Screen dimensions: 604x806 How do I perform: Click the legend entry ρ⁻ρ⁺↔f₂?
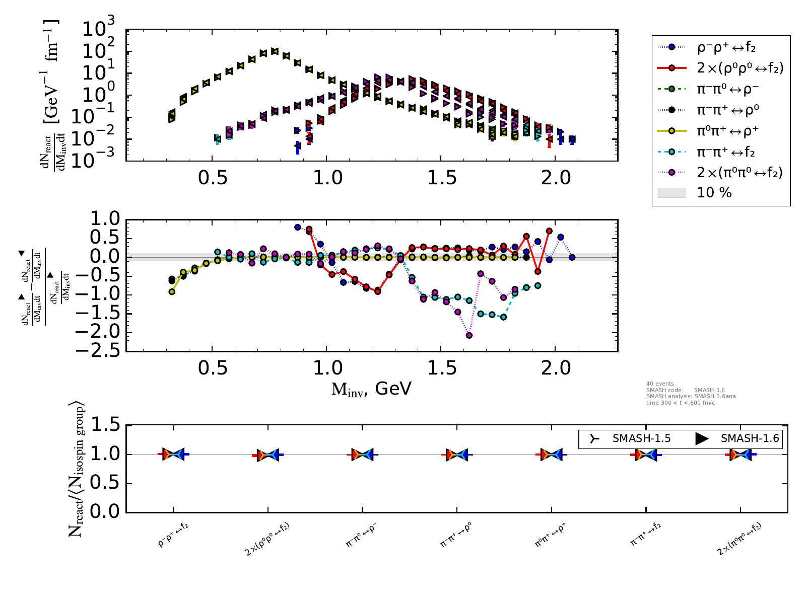click(726, 48)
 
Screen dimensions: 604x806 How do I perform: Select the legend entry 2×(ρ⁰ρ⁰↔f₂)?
click(740, 68)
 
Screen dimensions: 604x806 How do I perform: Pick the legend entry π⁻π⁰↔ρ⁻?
click(727, 89)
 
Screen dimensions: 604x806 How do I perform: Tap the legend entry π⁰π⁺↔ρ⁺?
click(727, 131)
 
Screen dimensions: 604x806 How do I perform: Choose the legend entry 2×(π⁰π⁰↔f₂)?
click(740, 173)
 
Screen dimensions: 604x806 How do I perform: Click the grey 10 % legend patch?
click(671, 193)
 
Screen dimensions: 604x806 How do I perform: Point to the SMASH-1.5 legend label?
click(641, 438)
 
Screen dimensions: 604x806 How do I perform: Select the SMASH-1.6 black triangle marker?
click(702, 438)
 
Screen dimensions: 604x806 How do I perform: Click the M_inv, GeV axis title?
click(371, 389)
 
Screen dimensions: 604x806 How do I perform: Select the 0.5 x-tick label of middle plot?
click(213, 368)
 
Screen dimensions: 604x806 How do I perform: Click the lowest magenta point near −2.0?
click(469, 335)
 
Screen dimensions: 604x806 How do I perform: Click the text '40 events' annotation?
click(660, 384)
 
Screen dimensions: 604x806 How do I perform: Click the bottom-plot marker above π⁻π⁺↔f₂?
click(646, 455)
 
